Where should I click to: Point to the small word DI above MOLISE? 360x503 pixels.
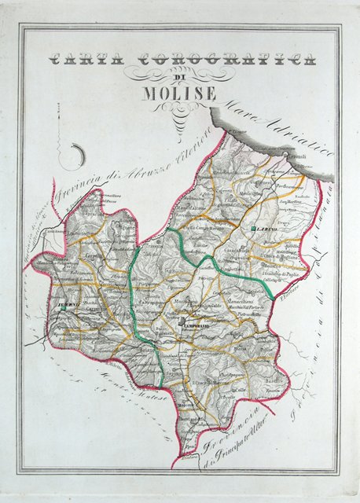tap(180, 77)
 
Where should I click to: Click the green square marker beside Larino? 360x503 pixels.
tap(247, 227)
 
